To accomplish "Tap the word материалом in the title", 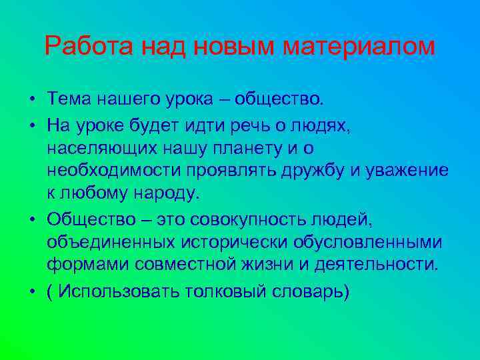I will click(359, 47).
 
